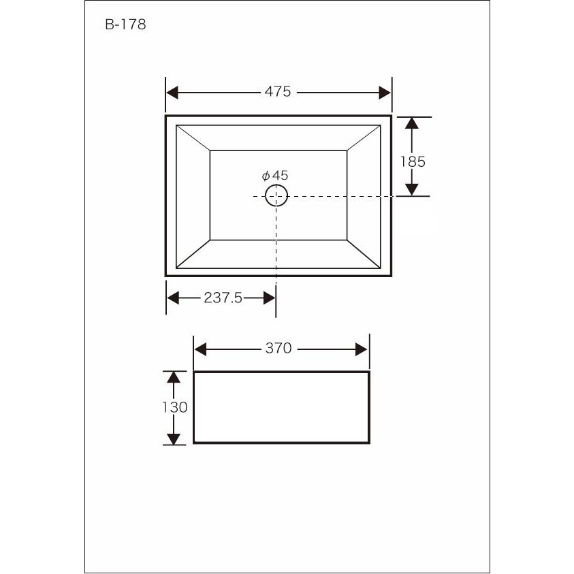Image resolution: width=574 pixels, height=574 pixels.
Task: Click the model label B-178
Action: (125, 25)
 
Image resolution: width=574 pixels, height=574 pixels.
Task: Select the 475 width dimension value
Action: (278, 91)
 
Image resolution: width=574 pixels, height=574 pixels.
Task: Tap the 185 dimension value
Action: (413, 162)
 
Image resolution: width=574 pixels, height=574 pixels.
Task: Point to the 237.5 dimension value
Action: (223, 298)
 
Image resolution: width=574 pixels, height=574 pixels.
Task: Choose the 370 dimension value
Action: (278, 348)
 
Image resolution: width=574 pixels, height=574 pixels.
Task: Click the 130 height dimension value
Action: (175, 407)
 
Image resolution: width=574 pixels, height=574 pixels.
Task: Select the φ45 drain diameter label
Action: (275, 176)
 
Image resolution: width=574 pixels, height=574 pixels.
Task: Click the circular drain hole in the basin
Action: (276, 195)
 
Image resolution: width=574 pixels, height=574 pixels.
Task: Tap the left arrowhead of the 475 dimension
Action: (172, 93)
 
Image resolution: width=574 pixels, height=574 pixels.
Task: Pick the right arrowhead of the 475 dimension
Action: (385, 93)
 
